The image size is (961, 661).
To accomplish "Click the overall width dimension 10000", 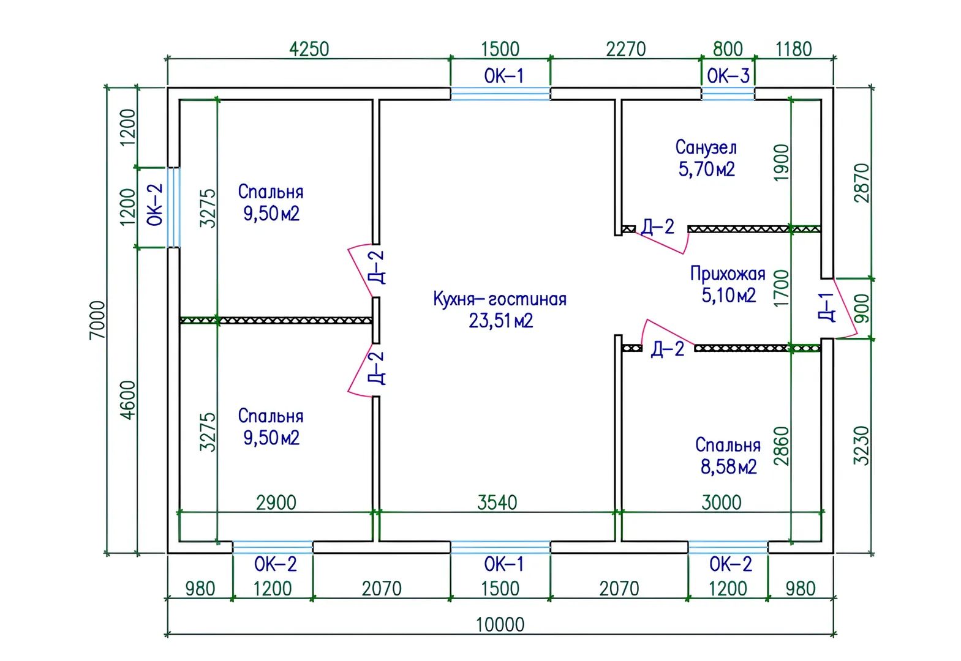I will tap(500, 625).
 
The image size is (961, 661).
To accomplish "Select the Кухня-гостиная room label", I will tap(500, 299).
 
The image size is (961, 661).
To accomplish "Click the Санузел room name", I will tap(706, 148).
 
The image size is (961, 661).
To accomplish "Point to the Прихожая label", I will tap(728, 274).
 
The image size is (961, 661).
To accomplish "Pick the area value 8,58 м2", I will tap(728, 467).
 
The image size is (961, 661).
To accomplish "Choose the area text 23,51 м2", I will tap(500, 321).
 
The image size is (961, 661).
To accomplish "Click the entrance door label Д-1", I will tap(826, 307).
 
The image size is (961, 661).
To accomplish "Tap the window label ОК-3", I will tap(728, 77).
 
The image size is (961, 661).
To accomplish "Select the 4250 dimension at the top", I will tap(309, 49).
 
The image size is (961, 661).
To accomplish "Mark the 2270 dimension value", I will tap(625, 49).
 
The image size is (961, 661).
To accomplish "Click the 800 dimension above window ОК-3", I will tap(728, 49).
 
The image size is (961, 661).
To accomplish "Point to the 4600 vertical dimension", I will tap(128, 400).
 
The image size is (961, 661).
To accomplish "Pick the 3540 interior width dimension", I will tap(497, 502).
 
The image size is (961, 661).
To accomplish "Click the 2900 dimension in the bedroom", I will tap(276, 502).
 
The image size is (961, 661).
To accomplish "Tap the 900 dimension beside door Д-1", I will tap(862, 308).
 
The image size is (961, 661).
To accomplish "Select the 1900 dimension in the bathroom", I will tap(782, 162).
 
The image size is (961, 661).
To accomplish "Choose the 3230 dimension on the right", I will tap(862, 445).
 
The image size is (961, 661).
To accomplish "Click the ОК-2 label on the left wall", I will tap(156, 205).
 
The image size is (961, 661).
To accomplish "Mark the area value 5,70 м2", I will tap(706, 169).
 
